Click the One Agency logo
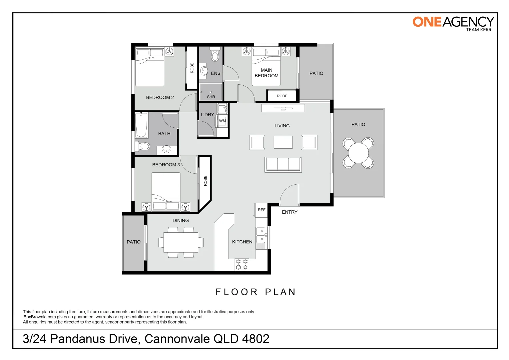[453, 23]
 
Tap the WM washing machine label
[222, 121]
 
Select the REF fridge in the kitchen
[261, 210]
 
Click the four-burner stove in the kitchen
[242, 264]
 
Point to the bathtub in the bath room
[142, 125]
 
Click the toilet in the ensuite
[215, 55]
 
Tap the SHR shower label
[211, 97]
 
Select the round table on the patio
[358, 153]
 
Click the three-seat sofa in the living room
[283, 165]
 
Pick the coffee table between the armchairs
[283, 142]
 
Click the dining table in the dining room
[181, 242]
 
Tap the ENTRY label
[289, 212]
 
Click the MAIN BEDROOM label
[266, 73]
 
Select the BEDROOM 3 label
[166, 165]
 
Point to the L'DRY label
[207, 115]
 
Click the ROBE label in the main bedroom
[282, 96]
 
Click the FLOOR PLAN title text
[255, 292]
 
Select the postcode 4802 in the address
[255, 339]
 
